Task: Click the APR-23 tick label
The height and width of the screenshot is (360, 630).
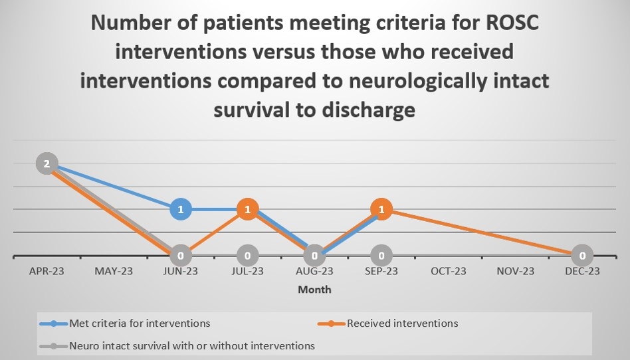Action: click(x=47, y=271)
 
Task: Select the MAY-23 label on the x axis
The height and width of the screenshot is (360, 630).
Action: click(x=114, y=271)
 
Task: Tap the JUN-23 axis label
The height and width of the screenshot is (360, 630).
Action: click(x=181, y=271)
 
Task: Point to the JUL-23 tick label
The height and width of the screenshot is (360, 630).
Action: click(x=247, y=271)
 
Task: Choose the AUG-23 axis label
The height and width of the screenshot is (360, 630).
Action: click(x=314, y=271)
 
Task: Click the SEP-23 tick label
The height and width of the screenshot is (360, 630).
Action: click(x=381, y=271)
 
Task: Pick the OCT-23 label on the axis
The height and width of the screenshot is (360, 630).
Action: click(x=449, y=271)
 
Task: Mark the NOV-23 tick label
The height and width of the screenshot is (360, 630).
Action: click(x=515, y=271)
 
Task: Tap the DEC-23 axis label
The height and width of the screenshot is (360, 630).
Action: click(x=582, y=271)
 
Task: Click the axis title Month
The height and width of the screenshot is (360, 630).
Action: click(x=314, y=290)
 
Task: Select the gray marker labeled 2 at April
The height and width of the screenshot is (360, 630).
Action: click(x=47, y=163)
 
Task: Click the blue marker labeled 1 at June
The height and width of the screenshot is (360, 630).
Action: click(x=181, y=210)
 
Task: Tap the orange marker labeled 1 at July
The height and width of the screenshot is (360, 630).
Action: click(x=247, y=210)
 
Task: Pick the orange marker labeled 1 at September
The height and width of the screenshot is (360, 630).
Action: click(x=381, y=210)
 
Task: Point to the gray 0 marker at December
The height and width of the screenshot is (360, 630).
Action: click(x=582, y=255)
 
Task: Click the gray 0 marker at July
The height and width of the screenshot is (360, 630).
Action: click(x=247, y=255)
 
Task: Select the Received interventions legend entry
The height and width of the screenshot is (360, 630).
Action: click(x=401, y=323)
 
